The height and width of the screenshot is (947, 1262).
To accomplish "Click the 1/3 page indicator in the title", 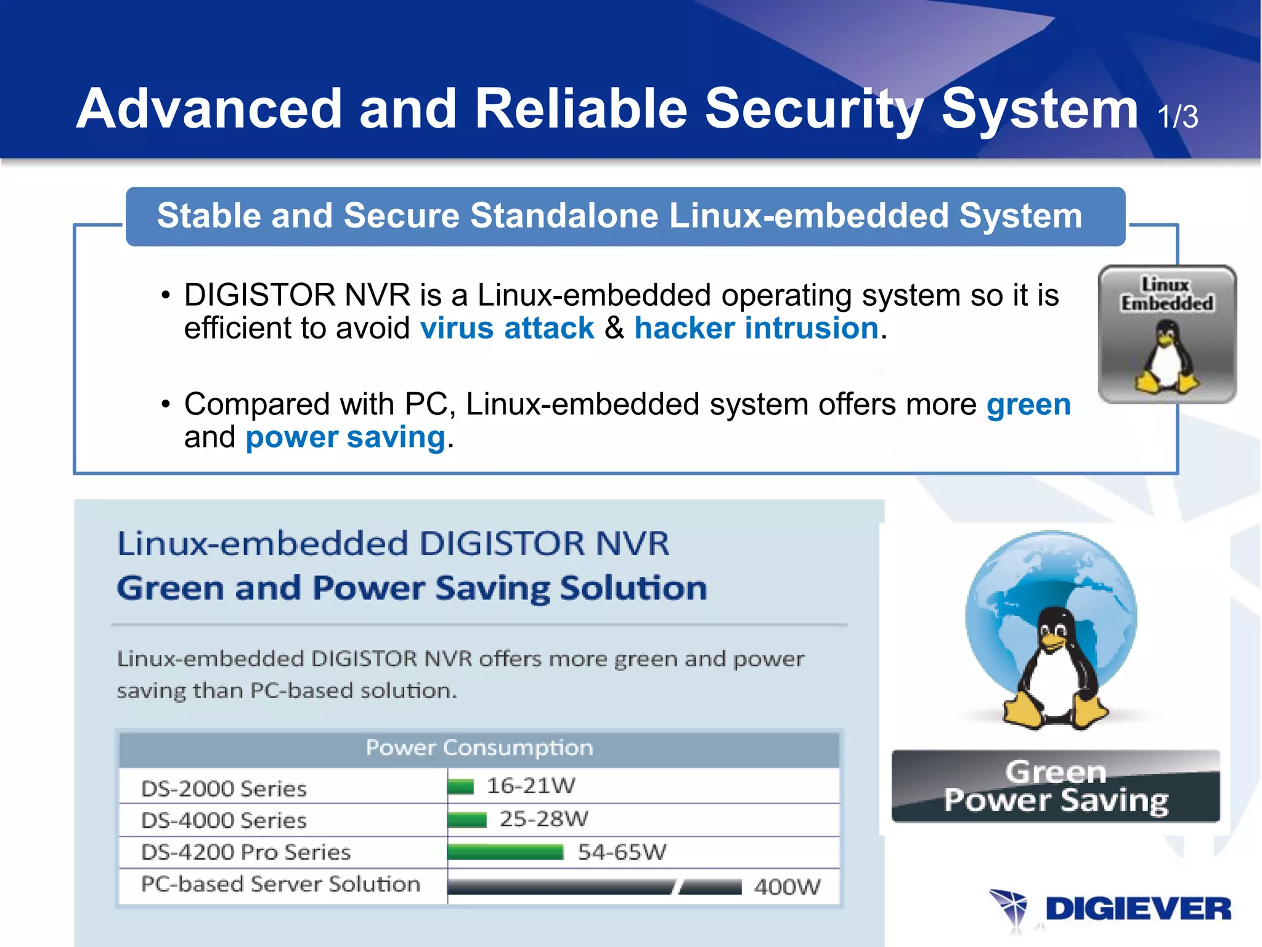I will pos(1178,116).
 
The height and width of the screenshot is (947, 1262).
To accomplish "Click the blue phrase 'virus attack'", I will pos(507,328).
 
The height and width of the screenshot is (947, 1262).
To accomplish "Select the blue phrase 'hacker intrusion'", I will pos(756,328).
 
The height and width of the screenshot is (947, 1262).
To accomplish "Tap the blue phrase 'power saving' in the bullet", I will pos(345,438).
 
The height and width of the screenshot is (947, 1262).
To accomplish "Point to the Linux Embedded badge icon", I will pos(1167,334).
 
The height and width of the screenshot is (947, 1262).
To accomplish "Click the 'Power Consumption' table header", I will pos(479,748).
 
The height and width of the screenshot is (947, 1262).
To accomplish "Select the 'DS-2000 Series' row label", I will pos(224,789).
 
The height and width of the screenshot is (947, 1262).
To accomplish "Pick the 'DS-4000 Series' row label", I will pos(224,821).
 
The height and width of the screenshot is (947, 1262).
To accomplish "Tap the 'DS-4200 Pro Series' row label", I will pos(246,853).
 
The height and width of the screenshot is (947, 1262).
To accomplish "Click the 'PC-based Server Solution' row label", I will pos(280,885).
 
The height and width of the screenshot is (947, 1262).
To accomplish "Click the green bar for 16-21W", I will pos(460,787).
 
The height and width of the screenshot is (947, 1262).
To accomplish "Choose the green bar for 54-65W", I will pos(505,853).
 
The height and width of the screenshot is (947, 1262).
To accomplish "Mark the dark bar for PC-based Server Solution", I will pos(594,887).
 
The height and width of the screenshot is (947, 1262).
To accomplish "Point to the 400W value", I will pos(787,887).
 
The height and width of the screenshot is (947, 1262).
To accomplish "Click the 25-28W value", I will pos(543,819).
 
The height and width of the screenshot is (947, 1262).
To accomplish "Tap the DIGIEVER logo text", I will pos(1138,909).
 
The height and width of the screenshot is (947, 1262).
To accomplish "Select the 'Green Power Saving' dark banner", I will pos(1056,787).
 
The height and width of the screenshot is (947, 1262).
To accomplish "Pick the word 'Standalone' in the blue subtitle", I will pos(564,216).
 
